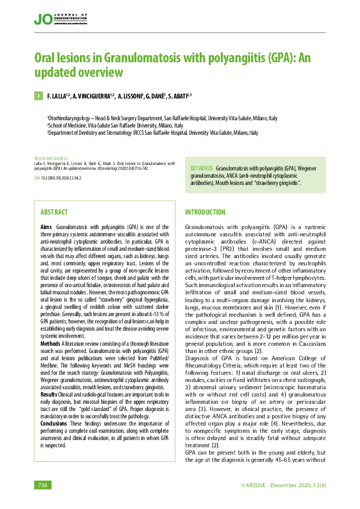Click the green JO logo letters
pyautogui.click(x=42, y=19)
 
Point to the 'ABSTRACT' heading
pyautogui.click(x=54, y=212)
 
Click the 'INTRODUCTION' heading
pyautogui.click(x=205, y=212)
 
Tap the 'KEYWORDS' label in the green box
pyautogui.click(x=201, y=167)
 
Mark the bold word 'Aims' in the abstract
pyautogui.click(x=46, y=225)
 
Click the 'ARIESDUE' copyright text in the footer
pyautogui.click(x=252, y=485)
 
